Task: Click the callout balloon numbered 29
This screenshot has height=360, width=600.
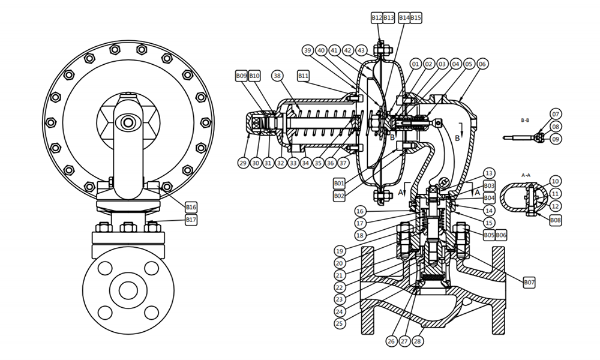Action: pyautogui.click(x=243, y=163)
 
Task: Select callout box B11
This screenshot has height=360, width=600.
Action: pyautogui.click(x=303, y=76)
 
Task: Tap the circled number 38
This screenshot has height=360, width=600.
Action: pyautogui.click(x=277, y=76)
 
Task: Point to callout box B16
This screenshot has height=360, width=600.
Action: pyautogui.click(x=191, y=207)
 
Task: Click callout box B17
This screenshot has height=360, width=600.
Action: pyautogui.click(x=191, y=220)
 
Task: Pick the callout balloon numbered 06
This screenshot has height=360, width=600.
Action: pyautogui.click(x=482, y=64)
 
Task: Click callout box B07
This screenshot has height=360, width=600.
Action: pyautogui.click(x=529, y=282)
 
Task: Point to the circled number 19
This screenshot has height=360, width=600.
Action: pyautogui.click(x=340, y=251)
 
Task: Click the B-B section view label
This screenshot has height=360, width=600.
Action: pyautogui.click(x=525, y=121)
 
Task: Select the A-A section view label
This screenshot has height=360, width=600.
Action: pyautogui.click(x=526, y=175)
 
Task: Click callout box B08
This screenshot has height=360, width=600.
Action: pyautogui.click(x=556, y=220)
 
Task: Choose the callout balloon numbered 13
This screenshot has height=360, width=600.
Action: pyautogui.click(x=489, y=173)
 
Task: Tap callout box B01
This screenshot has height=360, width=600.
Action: pyautogui.click(x=339, y=182)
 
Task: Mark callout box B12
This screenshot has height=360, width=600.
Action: pyautogui.click(x=376, y=18)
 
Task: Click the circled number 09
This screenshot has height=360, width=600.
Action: pyautogui.click(x=555, y=139)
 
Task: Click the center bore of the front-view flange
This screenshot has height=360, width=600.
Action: pyautogui.click(x=128, y=290)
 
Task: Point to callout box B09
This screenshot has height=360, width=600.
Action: pyautogui.click(x=241, y=76)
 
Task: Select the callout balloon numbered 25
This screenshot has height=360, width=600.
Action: pyautogui.click(x=340, y=323)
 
